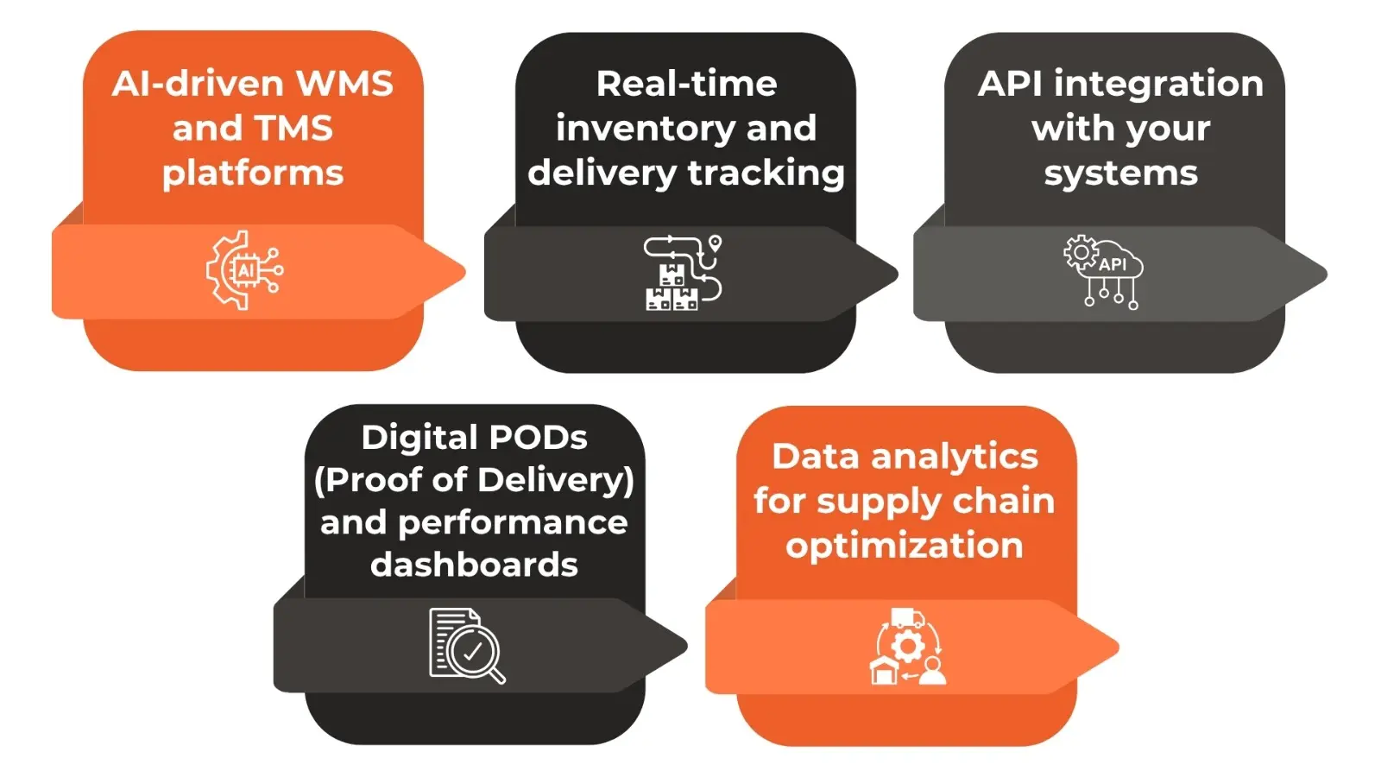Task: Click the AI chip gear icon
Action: [x=245, y=270]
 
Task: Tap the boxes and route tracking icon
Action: [x=682, y=273]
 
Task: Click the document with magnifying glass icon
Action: [x=467, y=646]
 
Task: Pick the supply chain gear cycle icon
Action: [x=907, y=647]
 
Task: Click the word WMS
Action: [x=344, y=84]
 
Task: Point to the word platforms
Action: [x=253, y=174]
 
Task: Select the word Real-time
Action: [x=686, y=84]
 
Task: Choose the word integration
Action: [x=1158, y=85]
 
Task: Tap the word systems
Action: [x=1120, y=174]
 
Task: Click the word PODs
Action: [x=532, y=438]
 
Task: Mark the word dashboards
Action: [x=474, y=565]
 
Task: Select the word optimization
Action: [x=904, y=546]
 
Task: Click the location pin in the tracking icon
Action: [x=715, y=243]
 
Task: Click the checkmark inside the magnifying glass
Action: [x=473, y=653]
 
